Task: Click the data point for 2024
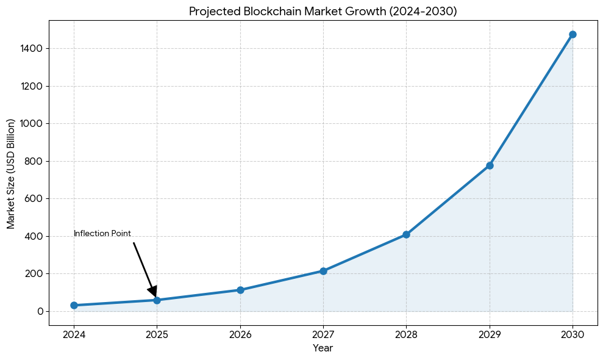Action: coord(74,305)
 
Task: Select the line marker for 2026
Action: coord(240,290)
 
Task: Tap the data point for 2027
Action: coord(323,271)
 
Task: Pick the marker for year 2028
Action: coord(406,234)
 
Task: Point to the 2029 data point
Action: coord(490,165)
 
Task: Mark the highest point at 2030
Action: coord(573,34)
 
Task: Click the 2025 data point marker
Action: coord(157,300)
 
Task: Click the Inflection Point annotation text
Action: coord(102,234)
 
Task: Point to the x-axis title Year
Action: coord(323,348)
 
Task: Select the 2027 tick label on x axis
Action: coord(323,334)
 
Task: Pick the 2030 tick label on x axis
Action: coord(573,334)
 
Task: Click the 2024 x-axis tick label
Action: coord(74,334)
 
